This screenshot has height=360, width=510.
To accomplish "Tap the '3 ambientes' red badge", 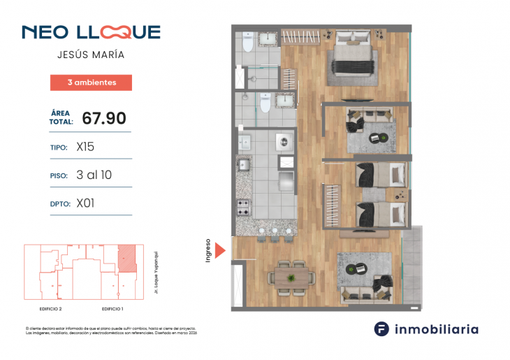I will coord(91,82).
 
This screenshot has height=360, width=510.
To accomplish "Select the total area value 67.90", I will coord(104,118).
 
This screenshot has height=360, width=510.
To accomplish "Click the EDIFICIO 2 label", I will coord(51,308).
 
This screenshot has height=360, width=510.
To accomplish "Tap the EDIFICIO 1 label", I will coord(112,308).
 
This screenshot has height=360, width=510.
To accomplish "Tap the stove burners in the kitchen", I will coord(245,208).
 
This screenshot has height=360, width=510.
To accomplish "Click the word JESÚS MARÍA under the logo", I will coord(91,55).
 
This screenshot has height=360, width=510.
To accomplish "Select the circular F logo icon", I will coord(381,329).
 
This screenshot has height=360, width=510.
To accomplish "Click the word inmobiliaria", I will coord(437,329).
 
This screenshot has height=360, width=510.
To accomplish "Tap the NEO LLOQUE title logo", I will coord(91,32).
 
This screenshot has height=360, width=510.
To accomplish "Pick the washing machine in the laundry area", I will coord(283,141).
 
